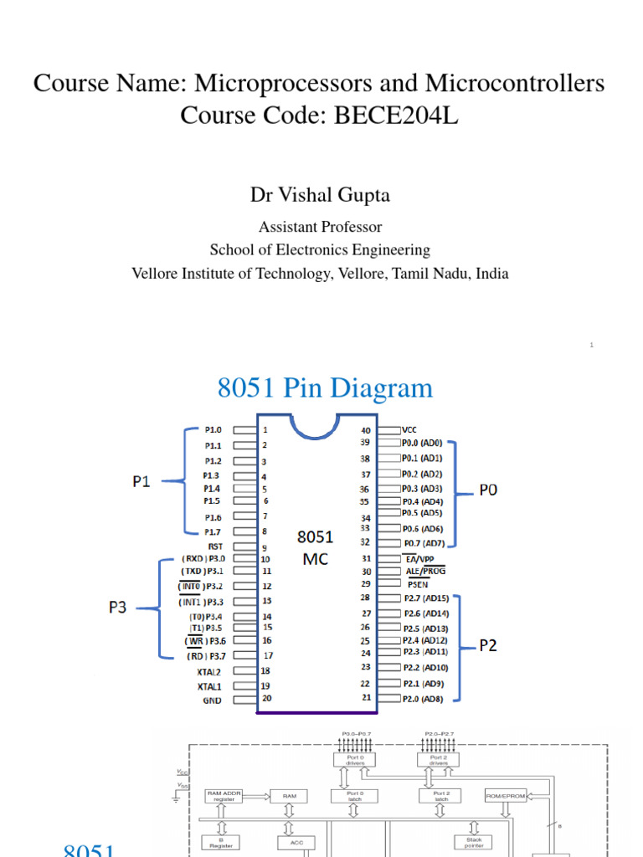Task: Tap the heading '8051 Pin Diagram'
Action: tap(325, 388)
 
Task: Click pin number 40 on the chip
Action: tap(365, 430)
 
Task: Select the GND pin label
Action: tap(213, 700)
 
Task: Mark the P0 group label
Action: tap(487, 489)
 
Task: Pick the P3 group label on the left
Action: tap(117, 608)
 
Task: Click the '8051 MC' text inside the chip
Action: tap(315, 547)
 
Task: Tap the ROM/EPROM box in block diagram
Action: tap(506, 796)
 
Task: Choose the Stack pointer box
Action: tap(469, 842)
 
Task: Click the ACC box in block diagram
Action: tap(296, 843)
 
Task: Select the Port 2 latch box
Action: tap(441, 796)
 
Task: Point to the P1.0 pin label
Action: tap(213, 429)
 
